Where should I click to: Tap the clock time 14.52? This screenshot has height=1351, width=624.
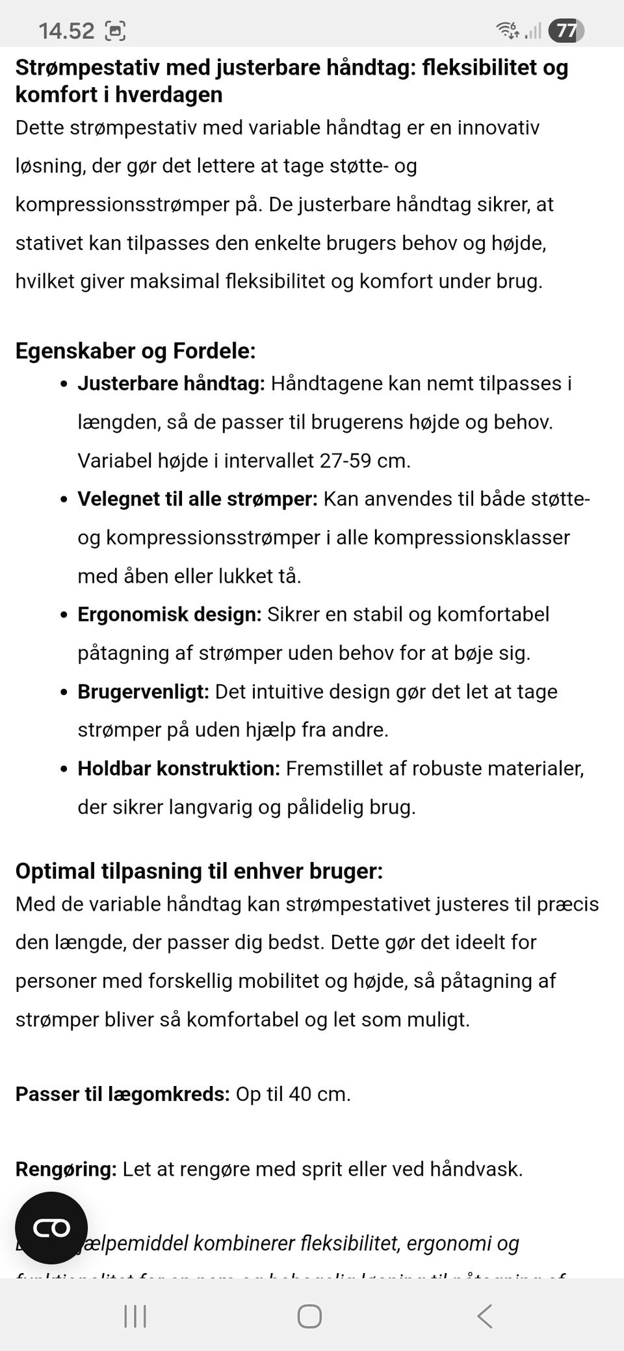coord(66,31)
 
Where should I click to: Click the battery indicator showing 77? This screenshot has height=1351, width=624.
coord(565,31)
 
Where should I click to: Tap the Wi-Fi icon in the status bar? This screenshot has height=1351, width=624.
coord(507,30)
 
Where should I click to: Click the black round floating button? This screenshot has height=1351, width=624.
coord(51,1228)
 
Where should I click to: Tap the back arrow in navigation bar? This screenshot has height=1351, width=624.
coord(484,1317)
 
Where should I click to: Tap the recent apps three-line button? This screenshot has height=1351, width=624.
coord(135,1317)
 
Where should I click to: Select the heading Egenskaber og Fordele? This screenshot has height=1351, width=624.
coord(135,351)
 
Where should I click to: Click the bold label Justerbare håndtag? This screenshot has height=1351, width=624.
coord(171,383)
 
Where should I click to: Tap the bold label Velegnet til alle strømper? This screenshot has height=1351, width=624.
coord(198,499)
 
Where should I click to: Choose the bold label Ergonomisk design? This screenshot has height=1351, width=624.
coord(169,614)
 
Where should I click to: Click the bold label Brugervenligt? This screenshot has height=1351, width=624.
coord(143,692)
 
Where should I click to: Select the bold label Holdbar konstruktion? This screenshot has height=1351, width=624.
coord(179,768)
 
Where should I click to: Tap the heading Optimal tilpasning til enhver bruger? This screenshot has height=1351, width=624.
coord(199,871)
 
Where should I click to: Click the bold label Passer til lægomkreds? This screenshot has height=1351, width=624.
coord(122,1094)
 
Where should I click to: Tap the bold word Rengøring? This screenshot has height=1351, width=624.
coord(66,1169)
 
